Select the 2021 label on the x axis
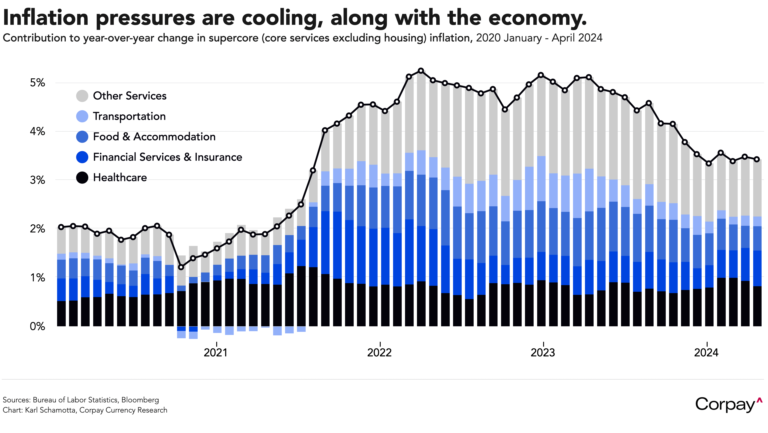(x=216, y=352)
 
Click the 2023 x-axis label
(x=543, y=352)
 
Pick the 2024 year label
(x=706, y=352)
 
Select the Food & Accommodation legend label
(x=154, y=137)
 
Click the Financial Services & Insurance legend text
(x=167, y=157)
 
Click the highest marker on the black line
(x=421, y=71)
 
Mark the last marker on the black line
(x=757, y=159)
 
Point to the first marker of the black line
(x=61, y=227)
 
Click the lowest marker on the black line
(x=181, y=267)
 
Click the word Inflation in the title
(x=46, y=18)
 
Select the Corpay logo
(x=728, y=404)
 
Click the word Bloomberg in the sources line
(x=140, y=400)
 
